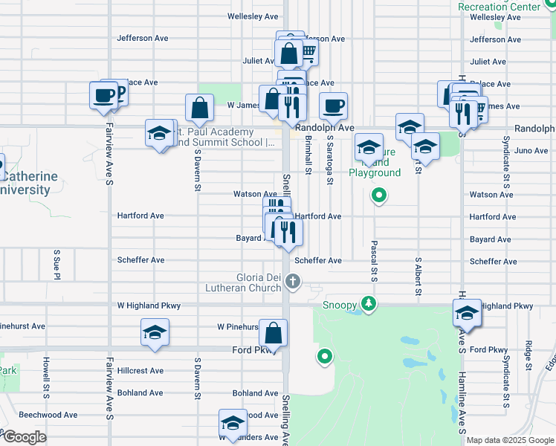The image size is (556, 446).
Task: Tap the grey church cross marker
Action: coord(293,281)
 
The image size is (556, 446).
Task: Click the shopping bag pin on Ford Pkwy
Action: coord(274,334)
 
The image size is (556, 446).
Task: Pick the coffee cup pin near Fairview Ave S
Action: coord(103,95)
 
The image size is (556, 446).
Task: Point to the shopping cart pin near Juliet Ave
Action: coord(306,51)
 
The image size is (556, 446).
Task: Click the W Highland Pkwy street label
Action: coord(149,306)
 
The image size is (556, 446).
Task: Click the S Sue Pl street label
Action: coord(56,265)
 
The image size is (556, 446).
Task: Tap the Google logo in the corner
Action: coord(25,437)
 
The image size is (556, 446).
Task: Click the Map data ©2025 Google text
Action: coord(509,440)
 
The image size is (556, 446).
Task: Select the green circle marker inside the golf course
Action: coord(324,357)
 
